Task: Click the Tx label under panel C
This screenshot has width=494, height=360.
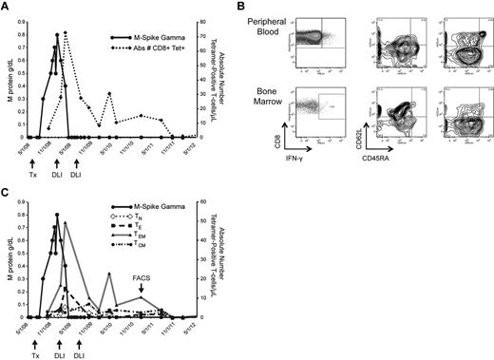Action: click(x=34, y=344)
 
